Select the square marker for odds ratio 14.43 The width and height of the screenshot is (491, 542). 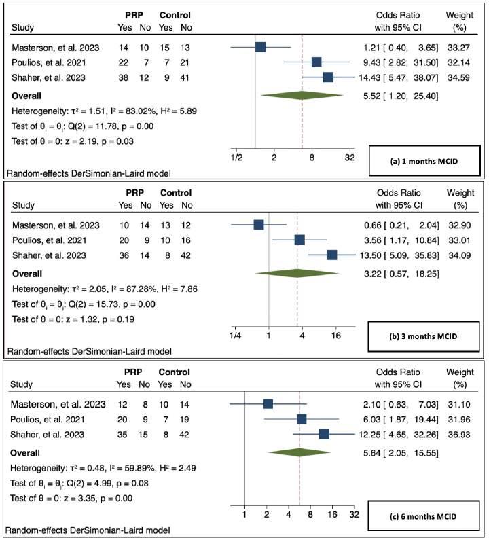click(x=328, y=78)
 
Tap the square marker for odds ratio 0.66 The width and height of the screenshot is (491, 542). click(x=258, y=224)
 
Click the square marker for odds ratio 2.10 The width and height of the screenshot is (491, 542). click(x=268, y=404)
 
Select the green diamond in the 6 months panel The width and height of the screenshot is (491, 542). click(x=299, y=451)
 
